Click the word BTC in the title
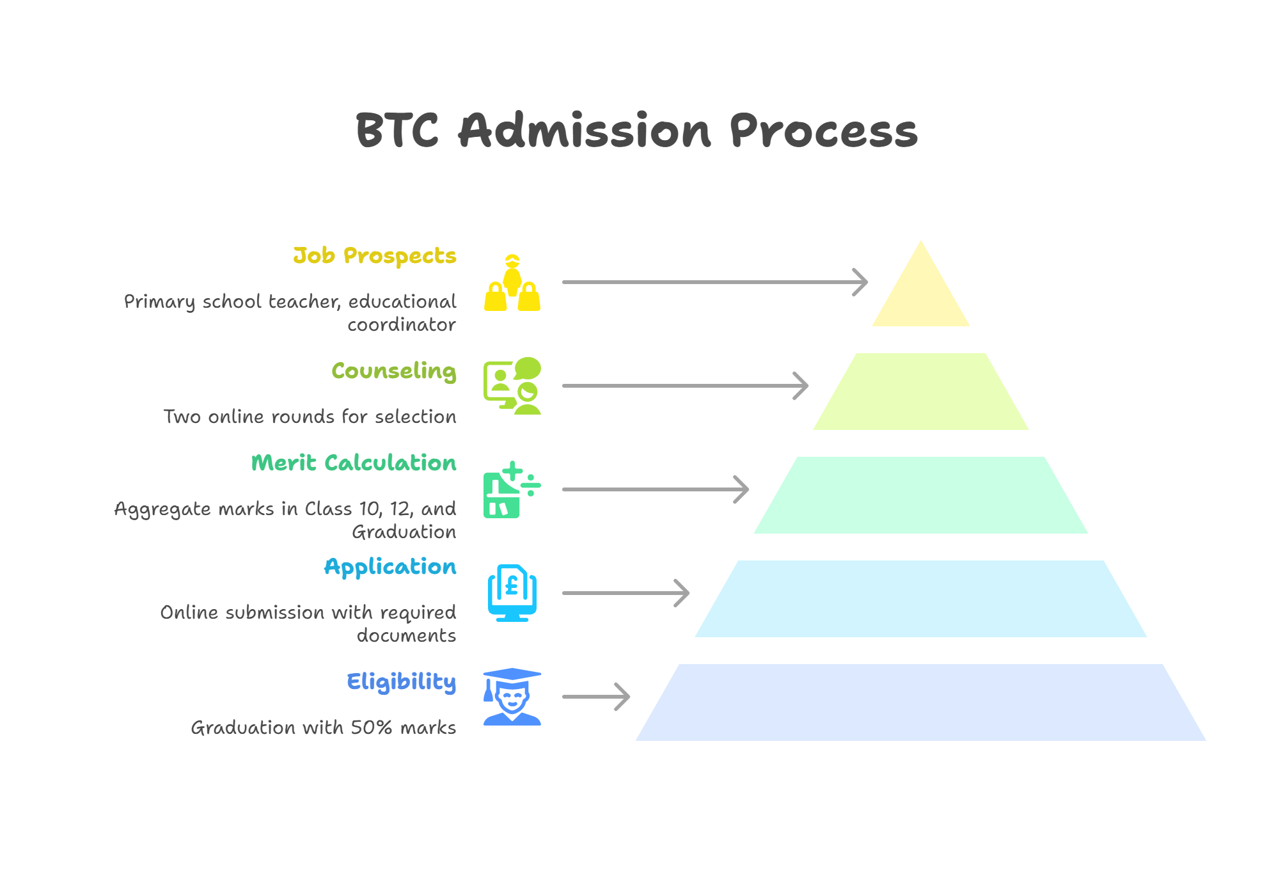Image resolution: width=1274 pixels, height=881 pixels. click(x=397, y=131)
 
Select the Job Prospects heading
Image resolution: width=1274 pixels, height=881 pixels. click(x=375, y=256)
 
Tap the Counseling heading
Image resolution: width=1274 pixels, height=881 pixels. click(x=394, y=372)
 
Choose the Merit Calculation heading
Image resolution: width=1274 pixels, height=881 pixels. click(x=354, y=463)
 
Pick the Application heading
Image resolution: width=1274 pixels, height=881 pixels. click(x=390, y=567)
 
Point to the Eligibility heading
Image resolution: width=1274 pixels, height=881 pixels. click(x=402, y=682)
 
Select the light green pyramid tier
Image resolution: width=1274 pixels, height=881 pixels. click(x=921, y=392)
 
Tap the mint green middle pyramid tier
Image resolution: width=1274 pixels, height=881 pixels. click(x=921, y=495)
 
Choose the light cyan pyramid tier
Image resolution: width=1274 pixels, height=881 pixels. click(x=921, y=599)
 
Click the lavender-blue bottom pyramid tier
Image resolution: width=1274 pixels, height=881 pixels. click(x=921, y=702)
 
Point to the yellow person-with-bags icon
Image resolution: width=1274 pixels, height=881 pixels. click(x=512, y=282)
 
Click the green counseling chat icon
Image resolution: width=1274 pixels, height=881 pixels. click(x=512, y=386)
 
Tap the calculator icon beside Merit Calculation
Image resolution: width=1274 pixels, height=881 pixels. click(x=512, y=489)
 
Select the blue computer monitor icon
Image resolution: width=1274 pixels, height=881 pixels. click(x=512, y=593)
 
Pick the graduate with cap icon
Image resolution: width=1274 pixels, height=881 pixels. click(x=512, y=697)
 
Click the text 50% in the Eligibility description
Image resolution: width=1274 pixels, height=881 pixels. click(x=371, y=727)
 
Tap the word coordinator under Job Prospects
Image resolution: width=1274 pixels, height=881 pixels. click(x=402, y=325)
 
